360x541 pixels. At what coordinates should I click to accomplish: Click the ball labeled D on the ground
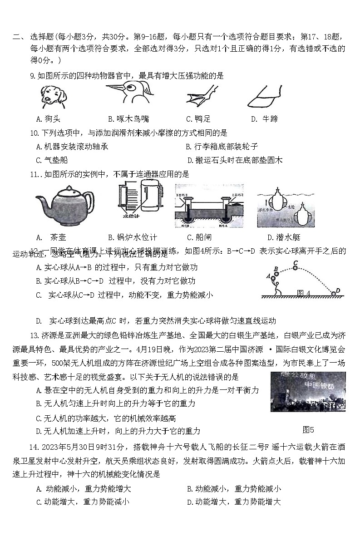pos(334,294)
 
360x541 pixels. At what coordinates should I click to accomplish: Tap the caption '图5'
pos(308,430)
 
